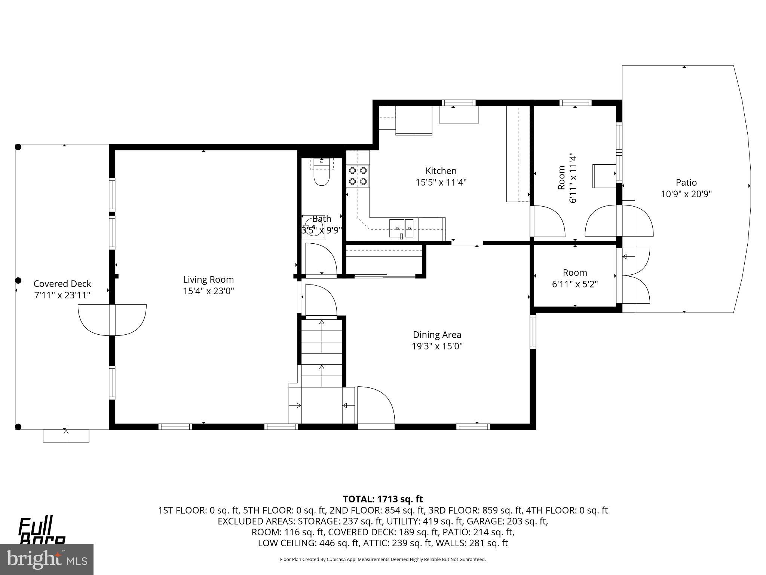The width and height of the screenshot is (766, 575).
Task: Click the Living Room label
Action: (208, 280)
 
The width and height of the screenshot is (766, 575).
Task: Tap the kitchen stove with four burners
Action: (358, 176)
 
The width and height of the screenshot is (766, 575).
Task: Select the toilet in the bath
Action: (321, 176)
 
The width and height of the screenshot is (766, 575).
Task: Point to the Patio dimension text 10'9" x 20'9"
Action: (686, 194)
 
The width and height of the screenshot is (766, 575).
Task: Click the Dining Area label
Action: (437, 335)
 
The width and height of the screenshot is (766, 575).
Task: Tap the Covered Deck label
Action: (62, 284)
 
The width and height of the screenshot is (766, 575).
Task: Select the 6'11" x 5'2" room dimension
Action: (575, 284)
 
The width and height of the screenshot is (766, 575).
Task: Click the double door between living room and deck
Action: (112, 320)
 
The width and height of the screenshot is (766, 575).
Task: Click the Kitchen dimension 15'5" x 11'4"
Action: (441, 183)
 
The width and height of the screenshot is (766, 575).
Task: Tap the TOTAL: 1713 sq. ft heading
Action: (383, 499)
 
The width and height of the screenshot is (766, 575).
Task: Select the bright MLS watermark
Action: (47, 560)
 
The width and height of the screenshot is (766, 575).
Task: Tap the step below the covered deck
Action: (66, 436)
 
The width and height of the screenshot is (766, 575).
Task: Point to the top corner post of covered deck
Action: (18, 147)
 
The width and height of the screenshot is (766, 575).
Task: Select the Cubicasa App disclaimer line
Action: (383, 559)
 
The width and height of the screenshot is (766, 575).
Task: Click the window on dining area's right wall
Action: (533, 332)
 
